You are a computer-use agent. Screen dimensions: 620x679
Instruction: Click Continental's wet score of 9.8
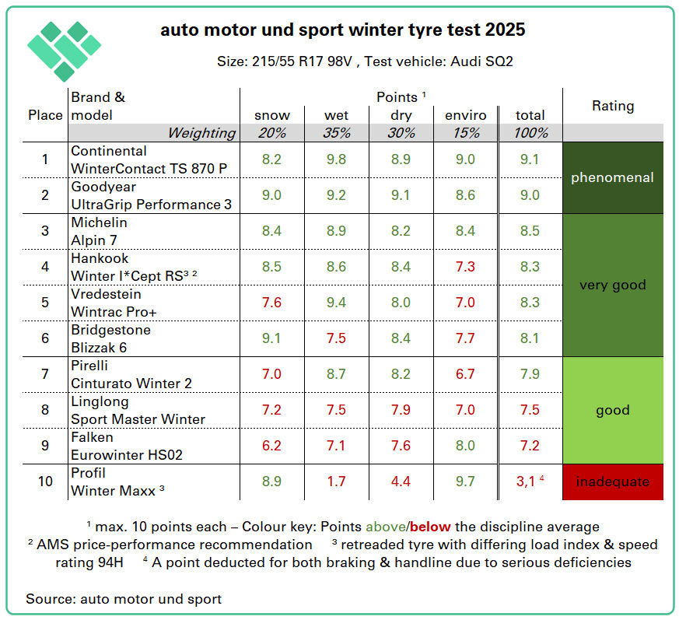point(336,159)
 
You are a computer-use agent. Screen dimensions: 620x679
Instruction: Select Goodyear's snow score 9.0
point(272,195)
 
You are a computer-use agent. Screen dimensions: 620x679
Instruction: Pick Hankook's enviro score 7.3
point(465,267)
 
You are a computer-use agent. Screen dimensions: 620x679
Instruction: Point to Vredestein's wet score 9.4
point(336,303)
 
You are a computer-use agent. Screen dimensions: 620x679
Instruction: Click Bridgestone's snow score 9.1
point(272,338)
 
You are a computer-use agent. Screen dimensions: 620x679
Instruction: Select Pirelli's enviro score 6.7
point(465,374)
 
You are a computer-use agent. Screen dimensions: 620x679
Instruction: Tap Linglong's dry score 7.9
point(401,410)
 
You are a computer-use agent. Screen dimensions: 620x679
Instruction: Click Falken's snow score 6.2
point(272,446)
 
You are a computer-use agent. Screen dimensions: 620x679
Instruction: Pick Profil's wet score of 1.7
point(336,482)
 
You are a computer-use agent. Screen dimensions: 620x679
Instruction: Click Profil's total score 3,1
point(527,482)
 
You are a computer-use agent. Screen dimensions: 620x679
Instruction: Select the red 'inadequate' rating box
point(613,482)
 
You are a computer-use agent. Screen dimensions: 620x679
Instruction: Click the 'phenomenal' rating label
point(613,177)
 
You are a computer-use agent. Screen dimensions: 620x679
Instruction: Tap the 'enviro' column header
point(465,115)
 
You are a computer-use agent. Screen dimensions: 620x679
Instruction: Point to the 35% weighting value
point(336,133)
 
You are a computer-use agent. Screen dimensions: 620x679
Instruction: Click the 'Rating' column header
point(613,106)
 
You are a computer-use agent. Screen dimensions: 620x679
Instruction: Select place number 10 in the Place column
point(45,482)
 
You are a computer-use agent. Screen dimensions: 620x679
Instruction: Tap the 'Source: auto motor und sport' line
point(124,599)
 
